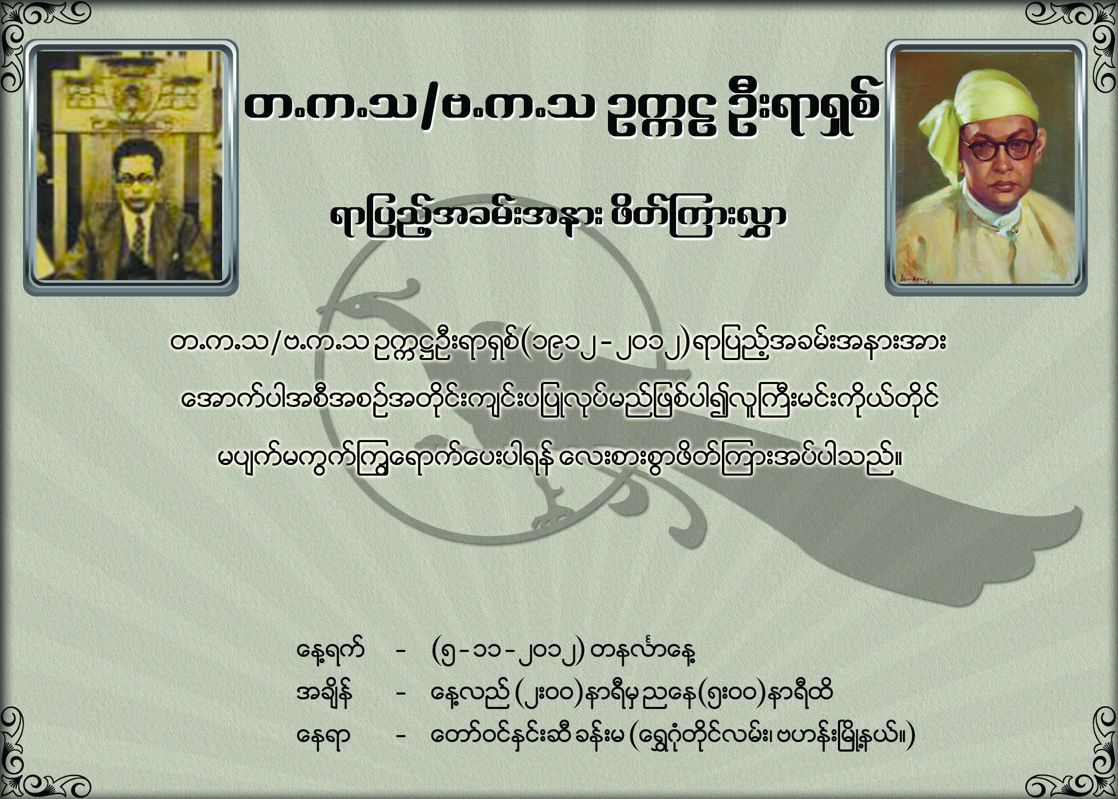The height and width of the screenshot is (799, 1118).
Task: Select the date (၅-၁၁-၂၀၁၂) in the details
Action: tap(509, 651)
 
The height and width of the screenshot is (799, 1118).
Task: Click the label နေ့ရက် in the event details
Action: tap(330, 651)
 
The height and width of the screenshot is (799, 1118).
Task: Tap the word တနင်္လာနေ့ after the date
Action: tap(645, 651)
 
